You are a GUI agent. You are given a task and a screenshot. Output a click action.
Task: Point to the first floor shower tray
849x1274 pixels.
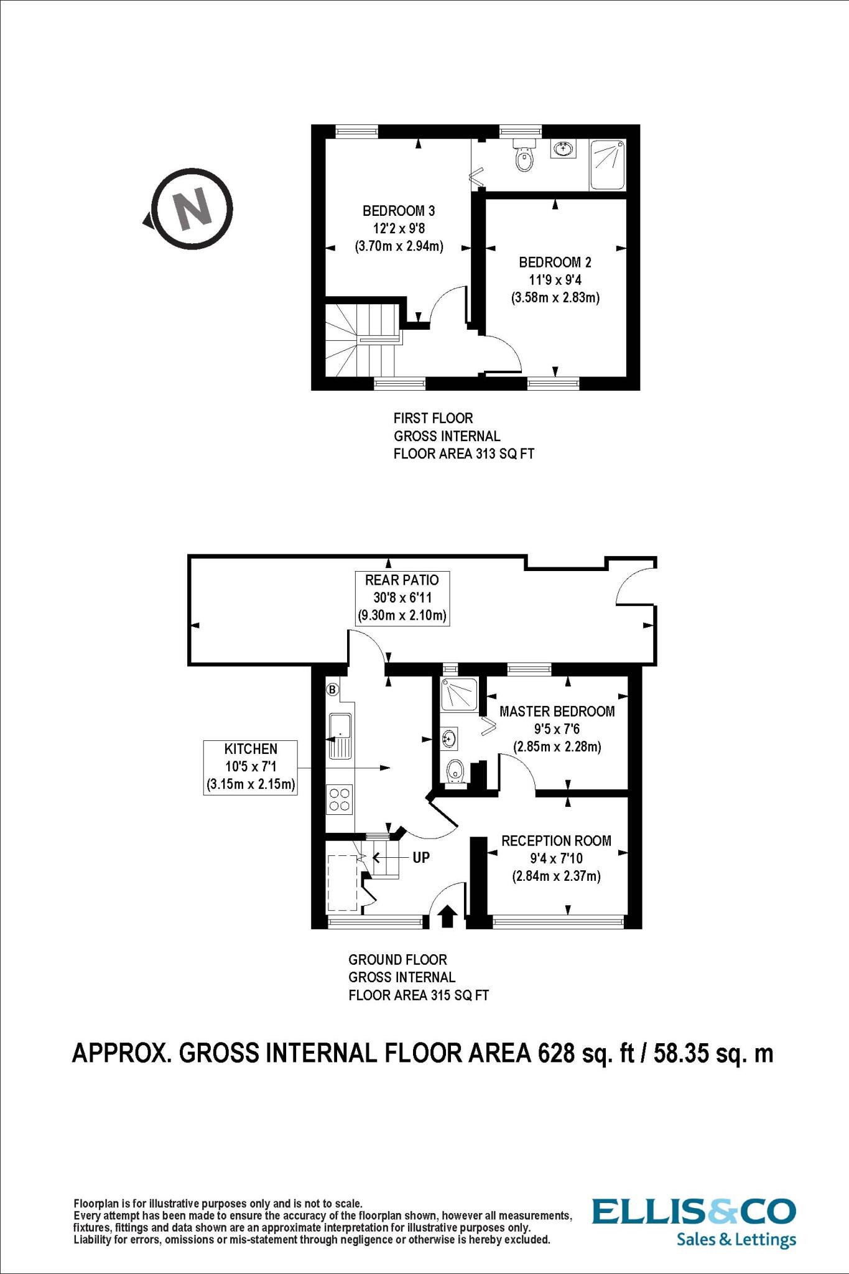click(607, 164)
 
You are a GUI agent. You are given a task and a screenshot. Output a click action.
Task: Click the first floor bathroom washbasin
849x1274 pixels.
click(564, 149)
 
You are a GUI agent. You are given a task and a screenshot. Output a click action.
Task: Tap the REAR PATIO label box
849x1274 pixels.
click(402, 598)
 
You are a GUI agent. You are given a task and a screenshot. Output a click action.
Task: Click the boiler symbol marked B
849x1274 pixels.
click(333, 689)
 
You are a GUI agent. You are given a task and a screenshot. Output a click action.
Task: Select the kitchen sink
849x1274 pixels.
click(340, 737)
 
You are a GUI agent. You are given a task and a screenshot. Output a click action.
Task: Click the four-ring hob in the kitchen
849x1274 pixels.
click(340, 799)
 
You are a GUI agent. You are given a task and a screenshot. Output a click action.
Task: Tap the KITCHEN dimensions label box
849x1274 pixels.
click(251, 767)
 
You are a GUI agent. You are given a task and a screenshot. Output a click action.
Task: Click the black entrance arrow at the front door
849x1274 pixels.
click(448, 916)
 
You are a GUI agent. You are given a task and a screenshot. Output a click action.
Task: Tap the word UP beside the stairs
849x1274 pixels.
click(421, 857)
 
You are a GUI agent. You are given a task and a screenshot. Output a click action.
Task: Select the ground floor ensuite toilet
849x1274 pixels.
click(456, 772)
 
